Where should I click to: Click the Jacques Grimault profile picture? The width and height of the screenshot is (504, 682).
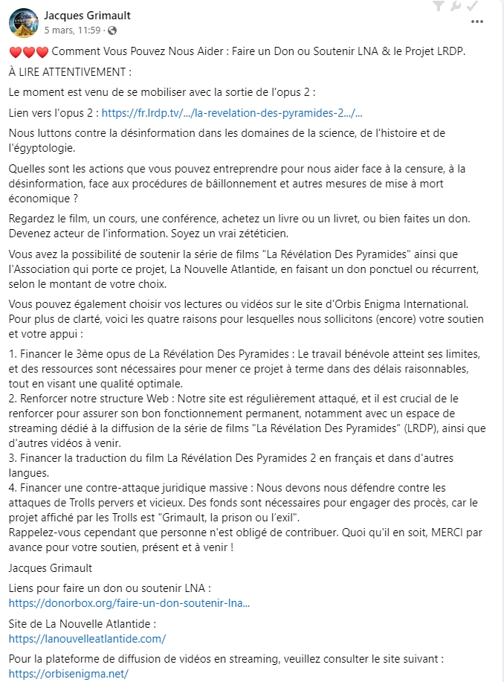24,23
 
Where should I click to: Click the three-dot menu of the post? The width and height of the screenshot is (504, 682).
477,22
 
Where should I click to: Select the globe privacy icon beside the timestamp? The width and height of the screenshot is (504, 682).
112,31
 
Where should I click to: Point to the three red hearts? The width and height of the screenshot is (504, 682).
28,52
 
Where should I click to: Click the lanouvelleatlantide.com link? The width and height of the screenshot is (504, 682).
87,638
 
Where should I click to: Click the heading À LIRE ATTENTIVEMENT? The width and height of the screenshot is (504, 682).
70,72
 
